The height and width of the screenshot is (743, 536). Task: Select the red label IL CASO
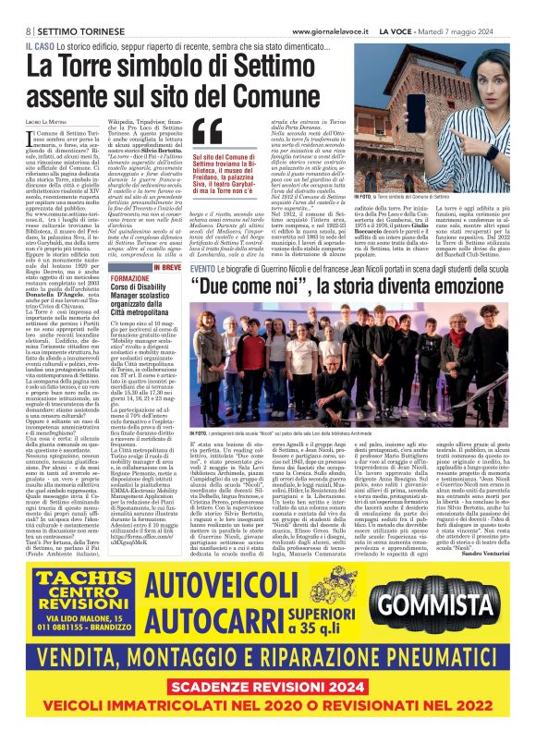40,44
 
